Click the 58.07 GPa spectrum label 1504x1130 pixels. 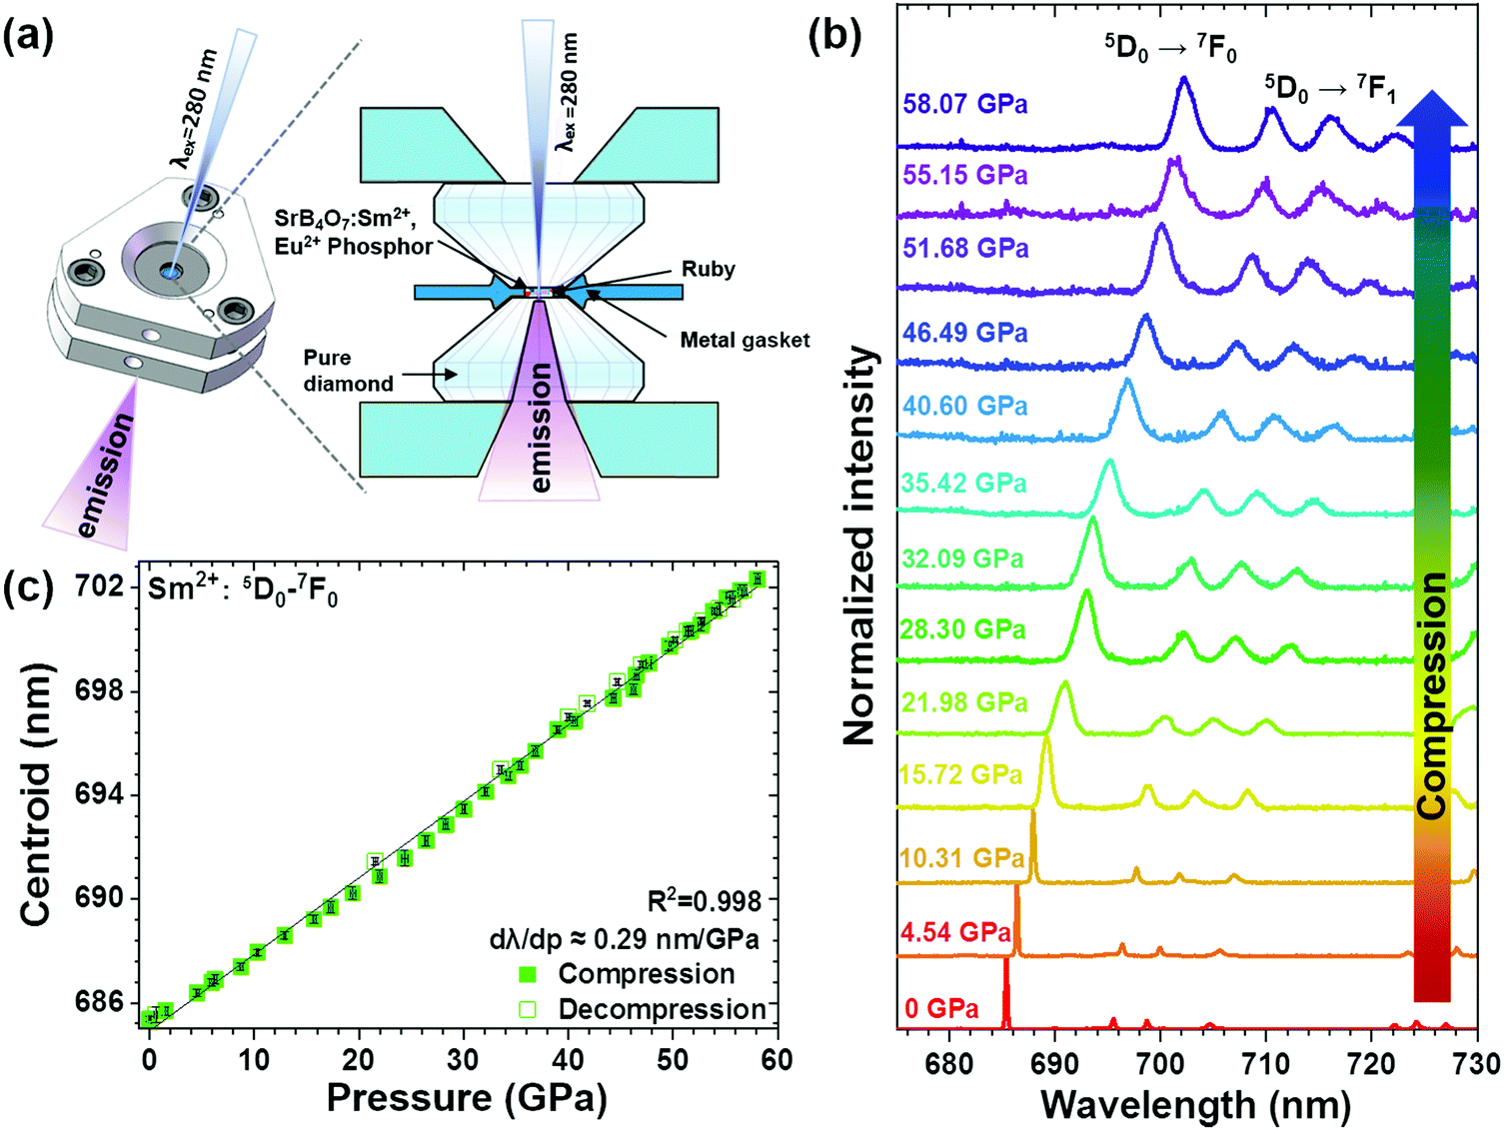click(x=964, y=104)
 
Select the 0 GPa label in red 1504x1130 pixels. click(x=941, y=1009)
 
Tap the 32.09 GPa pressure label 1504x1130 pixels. click(x=961, y=559)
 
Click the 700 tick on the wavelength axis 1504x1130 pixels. click(x=1159, y=1065)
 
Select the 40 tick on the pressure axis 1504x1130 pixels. click(x=568, y=1059)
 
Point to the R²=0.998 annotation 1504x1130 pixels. click(x=706, y=902)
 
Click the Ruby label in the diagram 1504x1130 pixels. click(x=709, y=269)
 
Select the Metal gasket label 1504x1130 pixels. click(x=745, y=340)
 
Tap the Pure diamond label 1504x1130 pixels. click(x=348, y=371)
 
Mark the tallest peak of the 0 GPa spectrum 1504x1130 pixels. click(x=1006, y=960)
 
